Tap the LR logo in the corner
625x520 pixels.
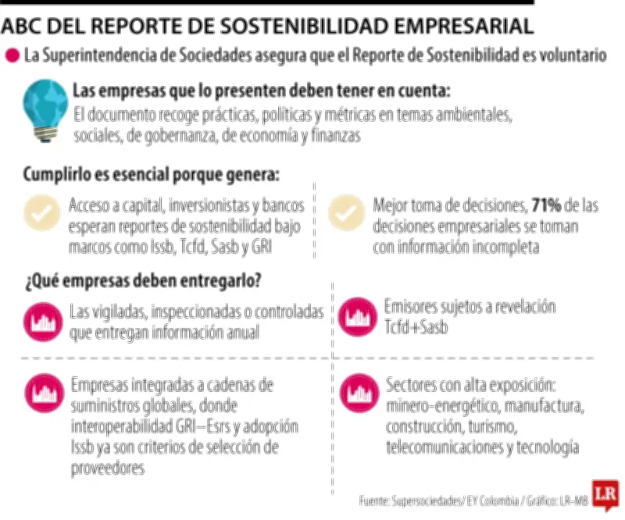[605, 495]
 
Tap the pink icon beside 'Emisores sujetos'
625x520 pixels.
[355, 317]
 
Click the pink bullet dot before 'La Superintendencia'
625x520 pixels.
[12, 56]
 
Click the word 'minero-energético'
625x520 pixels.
[441, 408]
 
